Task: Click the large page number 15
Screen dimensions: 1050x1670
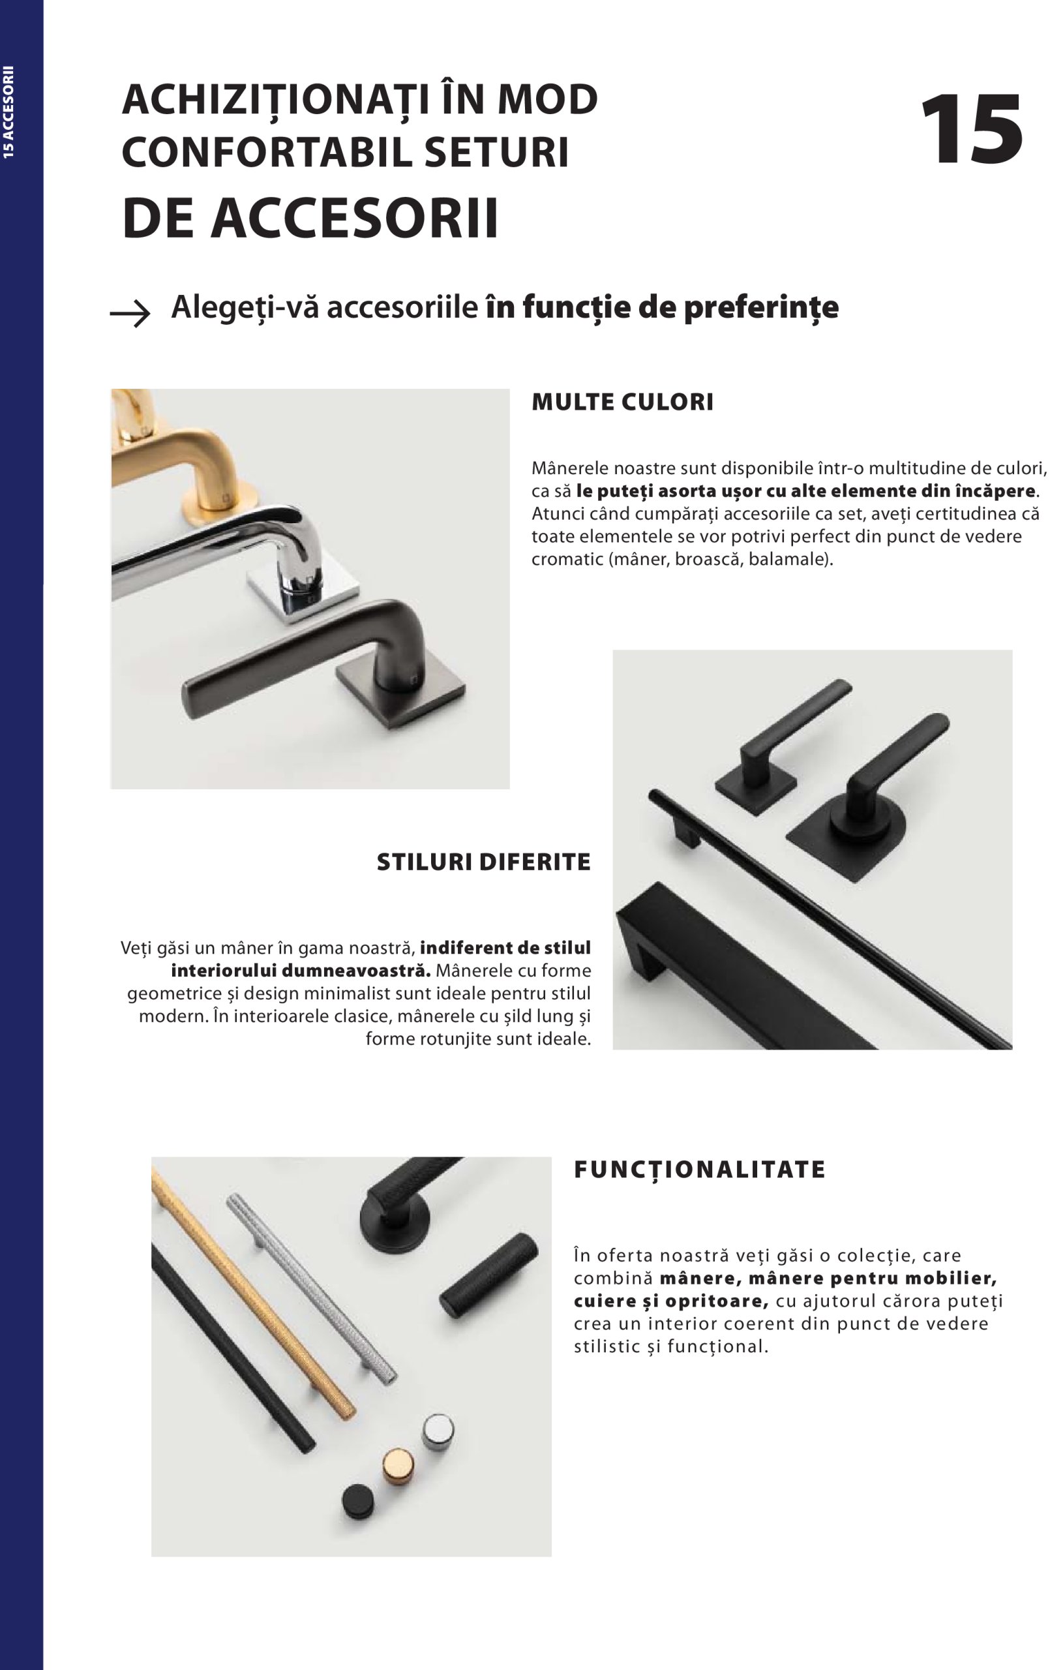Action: pos(972,130)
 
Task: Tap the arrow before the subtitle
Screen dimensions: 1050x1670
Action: pos(130,314)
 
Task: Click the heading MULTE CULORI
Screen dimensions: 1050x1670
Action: pos(622,402)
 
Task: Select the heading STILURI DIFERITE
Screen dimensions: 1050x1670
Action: pos(483,862)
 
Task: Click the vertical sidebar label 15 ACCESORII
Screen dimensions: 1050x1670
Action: pos(8,112)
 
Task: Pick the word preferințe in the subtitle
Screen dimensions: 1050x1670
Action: pos(761,308)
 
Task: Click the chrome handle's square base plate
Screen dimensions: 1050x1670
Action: pos(304,590)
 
